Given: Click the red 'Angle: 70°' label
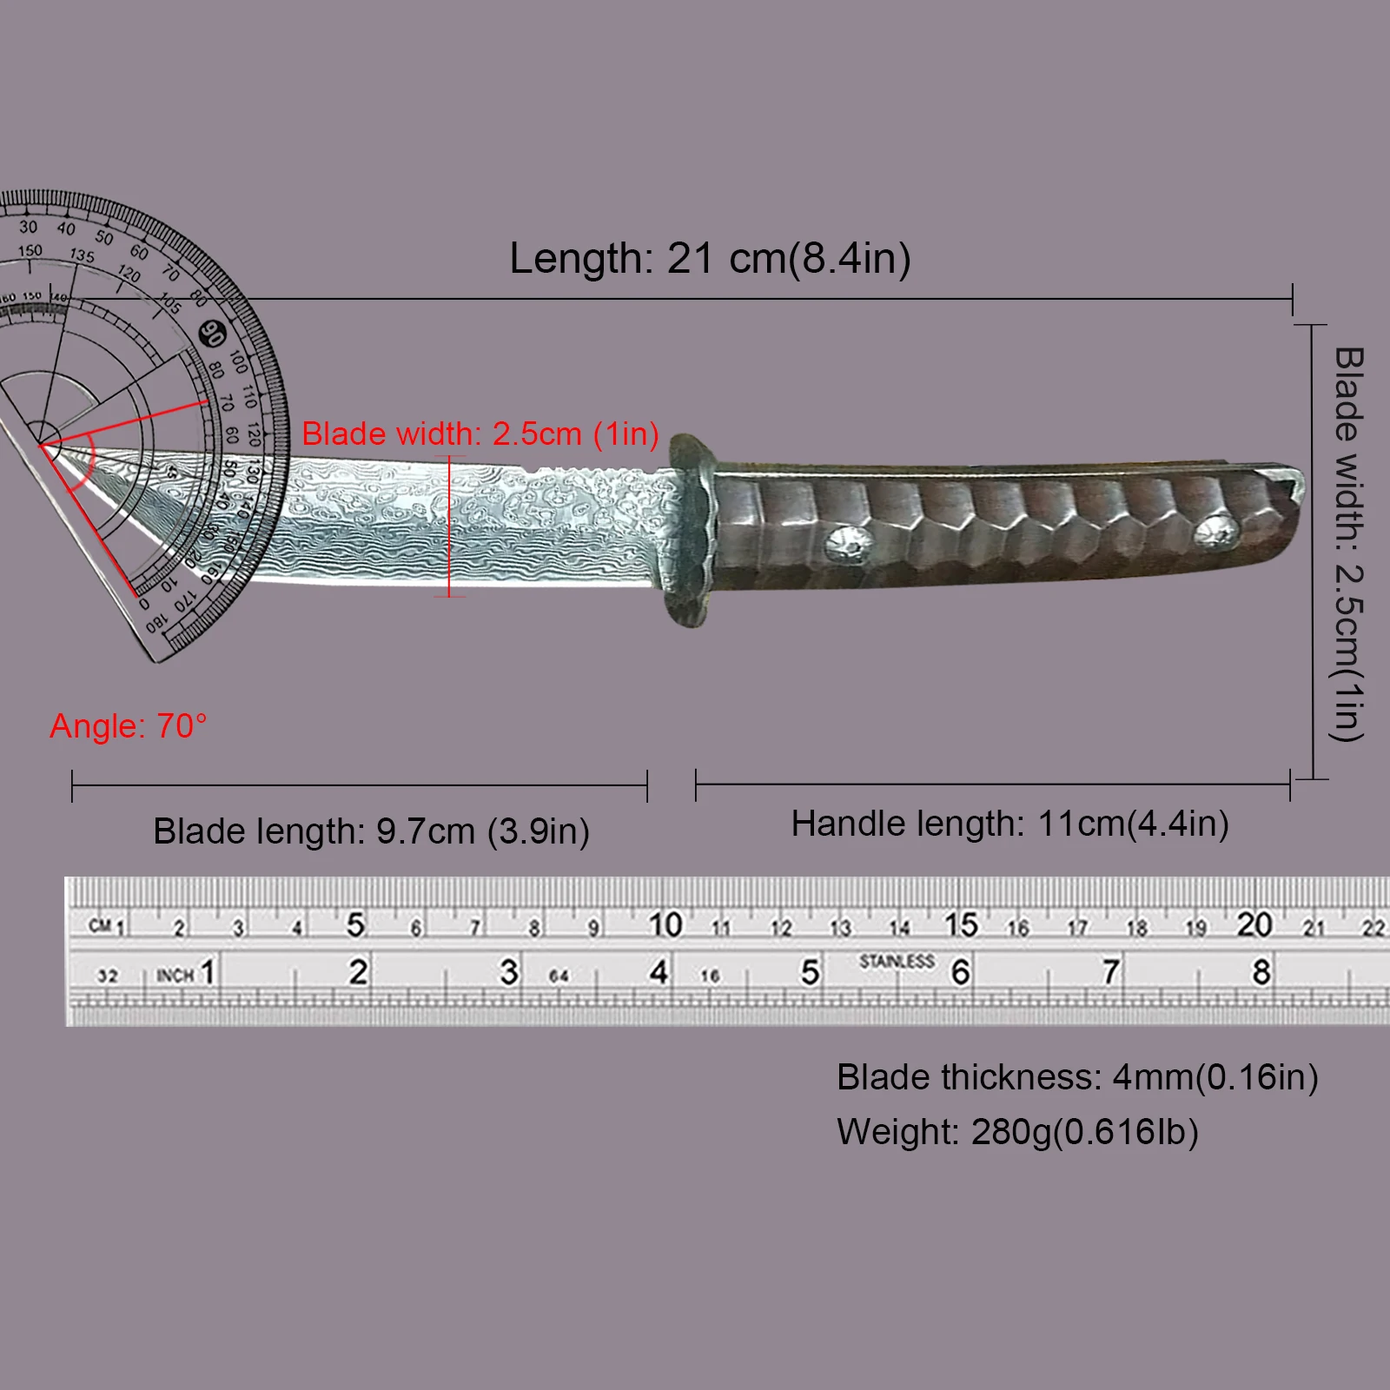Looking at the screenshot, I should coord(128,725).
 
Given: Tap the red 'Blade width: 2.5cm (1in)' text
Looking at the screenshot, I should coord(480,434).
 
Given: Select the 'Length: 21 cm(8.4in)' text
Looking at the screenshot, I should coord(710,258).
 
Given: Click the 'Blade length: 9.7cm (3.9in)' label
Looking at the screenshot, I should coord(371,831).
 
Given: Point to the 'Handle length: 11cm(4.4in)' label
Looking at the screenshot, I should coord(1009,824).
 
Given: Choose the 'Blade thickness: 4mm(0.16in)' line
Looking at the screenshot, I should coord(1077,1077).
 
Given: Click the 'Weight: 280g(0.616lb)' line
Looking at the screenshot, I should coord(1017,1132).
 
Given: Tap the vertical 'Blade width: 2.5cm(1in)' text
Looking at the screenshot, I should coord(1347,544).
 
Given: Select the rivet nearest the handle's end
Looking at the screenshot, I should coord(1215,532).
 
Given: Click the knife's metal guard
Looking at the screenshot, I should coord(691,532).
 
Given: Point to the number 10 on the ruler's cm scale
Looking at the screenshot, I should coord(665,924).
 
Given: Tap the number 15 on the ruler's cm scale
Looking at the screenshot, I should coord(962,924).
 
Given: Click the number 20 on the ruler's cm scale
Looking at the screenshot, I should coord(1255,924).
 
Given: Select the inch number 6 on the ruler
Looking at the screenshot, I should coord(960,972).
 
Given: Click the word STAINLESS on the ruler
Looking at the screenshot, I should coord(897,961).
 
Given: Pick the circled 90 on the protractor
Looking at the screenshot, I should coord(212,334).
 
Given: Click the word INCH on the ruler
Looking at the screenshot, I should coord(175,976).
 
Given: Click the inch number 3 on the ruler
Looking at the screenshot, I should coord(509,972).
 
